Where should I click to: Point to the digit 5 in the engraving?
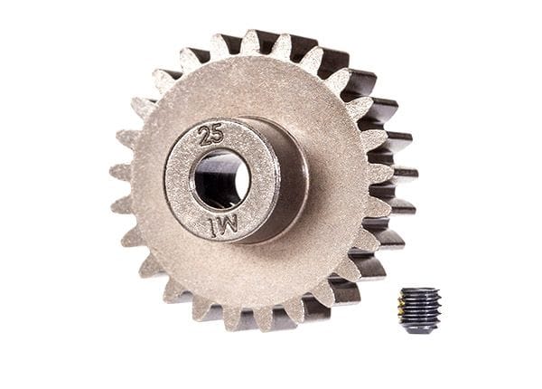(218, 137)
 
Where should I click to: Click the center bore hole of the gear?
(220, 178)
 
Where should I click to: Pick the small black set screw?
(419, 309)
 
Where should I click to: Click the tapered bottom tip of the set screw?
(420, 329)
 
